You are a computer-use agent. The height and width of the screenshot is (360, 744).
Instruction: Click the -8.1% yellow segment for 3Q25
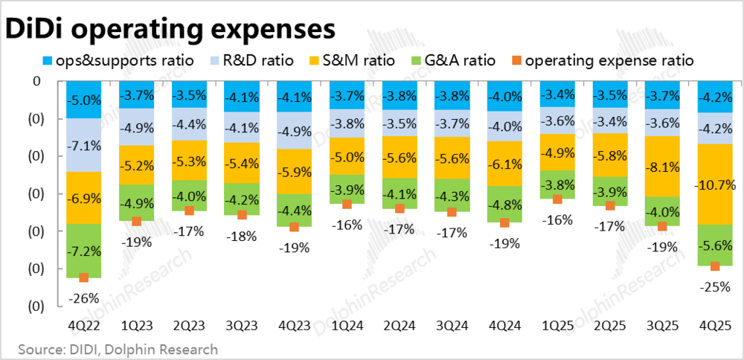(662, 167)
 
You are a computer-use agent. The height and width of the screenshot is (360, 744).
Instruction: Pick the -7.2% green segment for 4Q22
(83, 251)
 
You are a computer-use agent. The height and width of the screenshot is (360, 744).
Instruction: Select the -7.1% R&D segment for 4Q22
(83, 145)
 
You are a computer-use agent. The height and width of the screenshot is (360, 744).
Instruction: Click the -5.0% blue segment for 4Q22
(83, 100)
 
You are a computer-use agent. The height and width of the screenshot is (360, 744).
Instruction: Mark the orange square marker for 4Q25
(715, 266)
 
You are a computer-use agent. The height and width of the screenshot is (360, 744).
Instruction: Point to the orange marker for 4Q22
(83, 277)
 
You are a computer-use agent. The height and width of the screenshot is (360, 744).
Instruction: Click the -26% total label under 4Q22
(83, 298)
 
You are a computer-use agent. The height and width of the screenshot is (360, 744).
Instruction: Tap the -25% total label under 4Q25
(715, 286)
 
